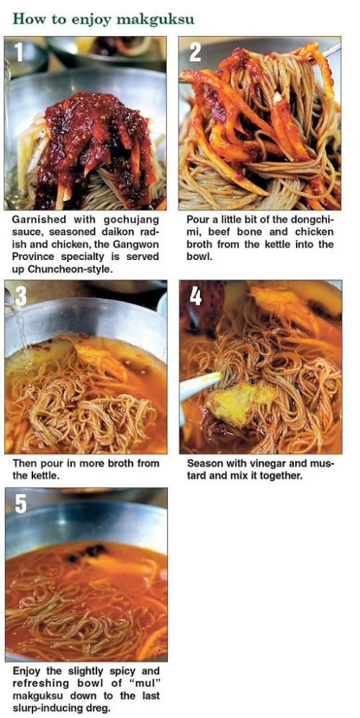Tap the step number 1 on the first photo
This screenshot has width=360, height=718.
tap(18, 52)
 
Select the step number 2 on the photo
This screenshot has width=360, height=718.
tap(195, 52)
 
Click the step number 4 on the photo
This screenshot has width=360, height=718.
tap(196, 296)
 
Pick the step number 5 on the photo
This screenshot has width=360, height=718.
tap(21, 503)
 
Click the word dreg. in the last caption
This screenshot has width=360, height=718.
tap(97, 708)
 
